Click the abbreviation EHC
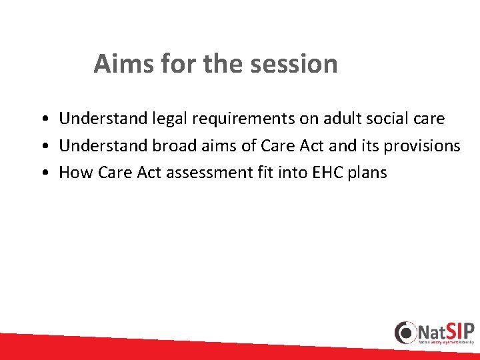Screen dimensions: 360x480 pos(319,173)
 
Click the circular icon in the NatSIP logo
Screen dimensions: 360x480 pos(405,333)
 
